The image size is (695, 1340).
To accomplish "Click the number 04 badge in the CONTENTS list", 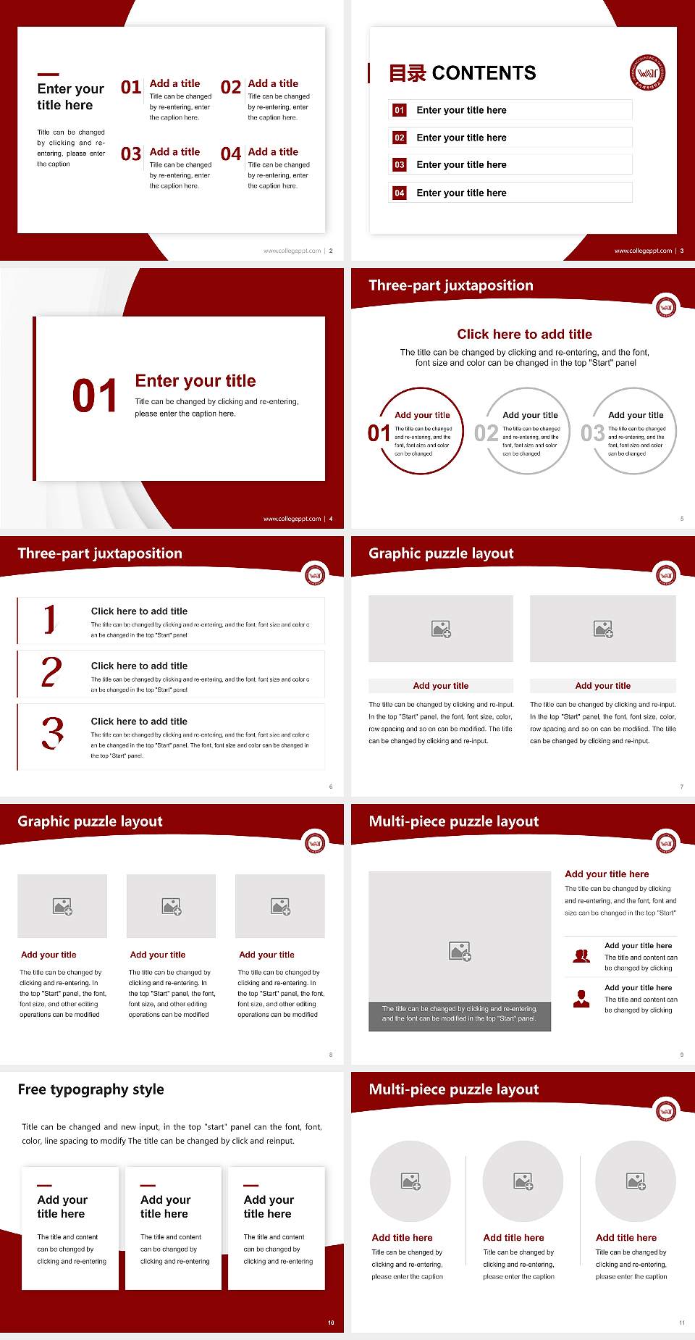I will click(x=399, y=193).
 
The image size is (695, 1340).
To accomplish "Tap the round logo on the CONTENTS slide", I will click(x=647, y=72).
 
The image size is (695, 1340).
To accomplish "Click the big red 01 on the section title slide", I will click(x=94, y=396).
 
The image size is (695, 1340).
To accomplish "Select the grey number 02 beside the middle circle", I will click(x=486, y=433).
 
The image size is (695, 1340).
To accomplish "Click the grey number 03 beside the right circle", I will click(x=593, y=433).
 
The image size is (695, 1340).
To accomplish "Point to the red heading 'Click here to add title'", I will click(x=524, y=334).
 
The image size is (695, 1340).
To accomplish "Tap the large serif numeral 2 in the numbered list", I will click(x=51, y=672).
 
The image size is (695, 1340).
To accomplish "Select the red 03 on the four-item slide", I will click(x=131, y=154).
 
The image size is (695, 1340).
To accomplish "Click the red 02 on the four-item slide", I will click(x=231, y=88).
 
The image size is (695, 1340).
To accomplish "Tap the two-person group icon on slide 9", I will click(x=581, y=956).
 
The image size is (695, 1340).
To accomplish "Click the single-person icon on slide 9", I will click(x=581, y=999).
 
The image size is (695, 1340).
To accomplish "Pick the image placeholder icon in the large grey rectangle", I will click(x=460, y=951).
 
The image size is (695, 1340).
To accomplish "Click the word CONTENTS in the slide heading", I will click(x=484, y=73).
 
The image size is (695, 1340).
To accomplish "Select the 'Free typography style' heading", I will click(x=90, y=1089).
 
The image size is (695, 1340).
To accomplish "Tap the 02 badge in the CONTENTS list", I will click(x=399, y=138).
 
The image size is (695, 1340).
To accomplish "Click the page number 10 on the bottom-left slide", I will click(x=331, y=1323).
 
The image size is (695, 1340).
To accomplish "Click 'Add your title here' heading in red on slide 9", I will click(x=607, y=874).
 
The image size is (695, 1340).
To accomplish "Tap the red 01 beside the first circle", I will click(x=379, y=433).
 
